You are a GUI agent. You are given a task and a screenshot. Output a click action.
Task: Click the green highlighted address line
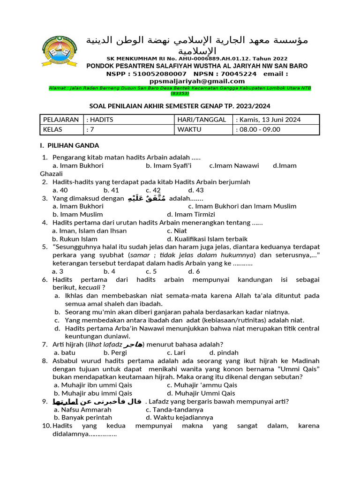pyautogui.click(x=180, y=90)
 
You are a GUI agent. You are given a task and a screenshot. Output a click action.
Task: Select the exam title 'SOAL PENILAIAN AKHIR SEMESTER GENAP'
pyautogui.click(x=180, y=106)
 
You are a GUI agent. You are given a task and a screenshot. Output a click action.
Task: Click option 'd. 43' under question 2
pyautogui.click(x=196, y=190)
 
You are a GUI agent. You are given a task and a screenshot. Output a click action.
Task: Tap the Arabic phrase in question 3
pyautogui.click(x=147, y=198)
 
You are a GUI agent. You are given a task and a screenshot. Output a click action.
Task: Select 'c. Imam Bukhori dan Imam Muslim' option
pyautogui.click(x=242, y=206)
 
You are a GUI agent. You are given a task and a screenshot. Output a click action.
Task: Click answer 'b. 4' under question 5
pyautogui.click(x=110, y=271)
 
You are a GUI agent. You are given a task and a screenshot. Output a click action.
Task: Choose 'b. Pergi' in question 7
pyautogui.click(x=115, y=352)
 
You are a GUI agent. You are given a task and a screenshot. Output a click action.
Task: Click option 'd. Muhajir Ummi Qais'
pyautogui.click(x=201, y=393)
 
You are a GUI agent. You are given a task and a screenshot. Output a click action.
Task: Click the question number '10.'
pyautogui.click(x=46, y=426)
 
